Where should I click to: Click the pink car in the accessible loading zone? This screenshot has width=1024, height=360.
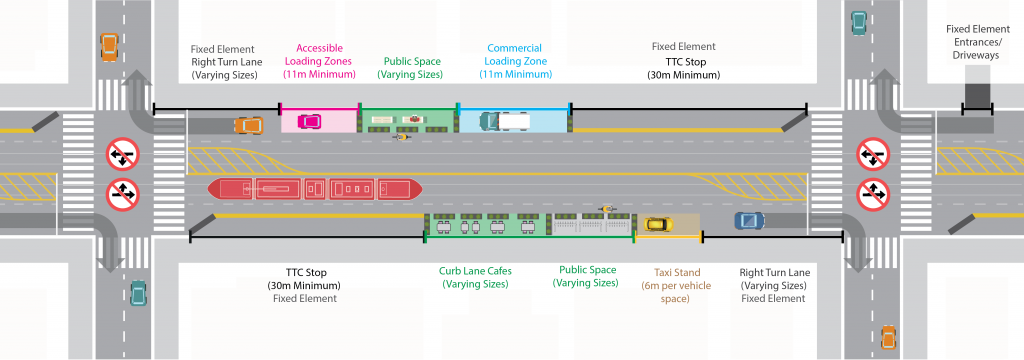click(309, 122)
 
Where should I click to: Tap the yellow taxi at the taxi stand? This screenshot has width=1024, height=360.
click(656, 224)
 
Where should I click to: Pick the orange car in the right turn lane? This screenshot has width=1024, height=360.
click(247, 125)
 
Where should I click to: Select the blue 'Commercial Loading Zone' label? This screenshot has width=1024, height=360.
click(513, 48)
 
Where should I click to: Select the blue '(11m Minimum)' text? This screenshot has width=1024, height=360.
click(513, 74)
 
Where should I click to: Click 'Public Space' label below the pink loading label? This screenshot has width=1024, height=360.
click(413, 61)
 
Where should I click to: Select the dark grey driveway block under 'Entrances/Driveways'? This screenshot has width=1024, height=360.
click(977, 97)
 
